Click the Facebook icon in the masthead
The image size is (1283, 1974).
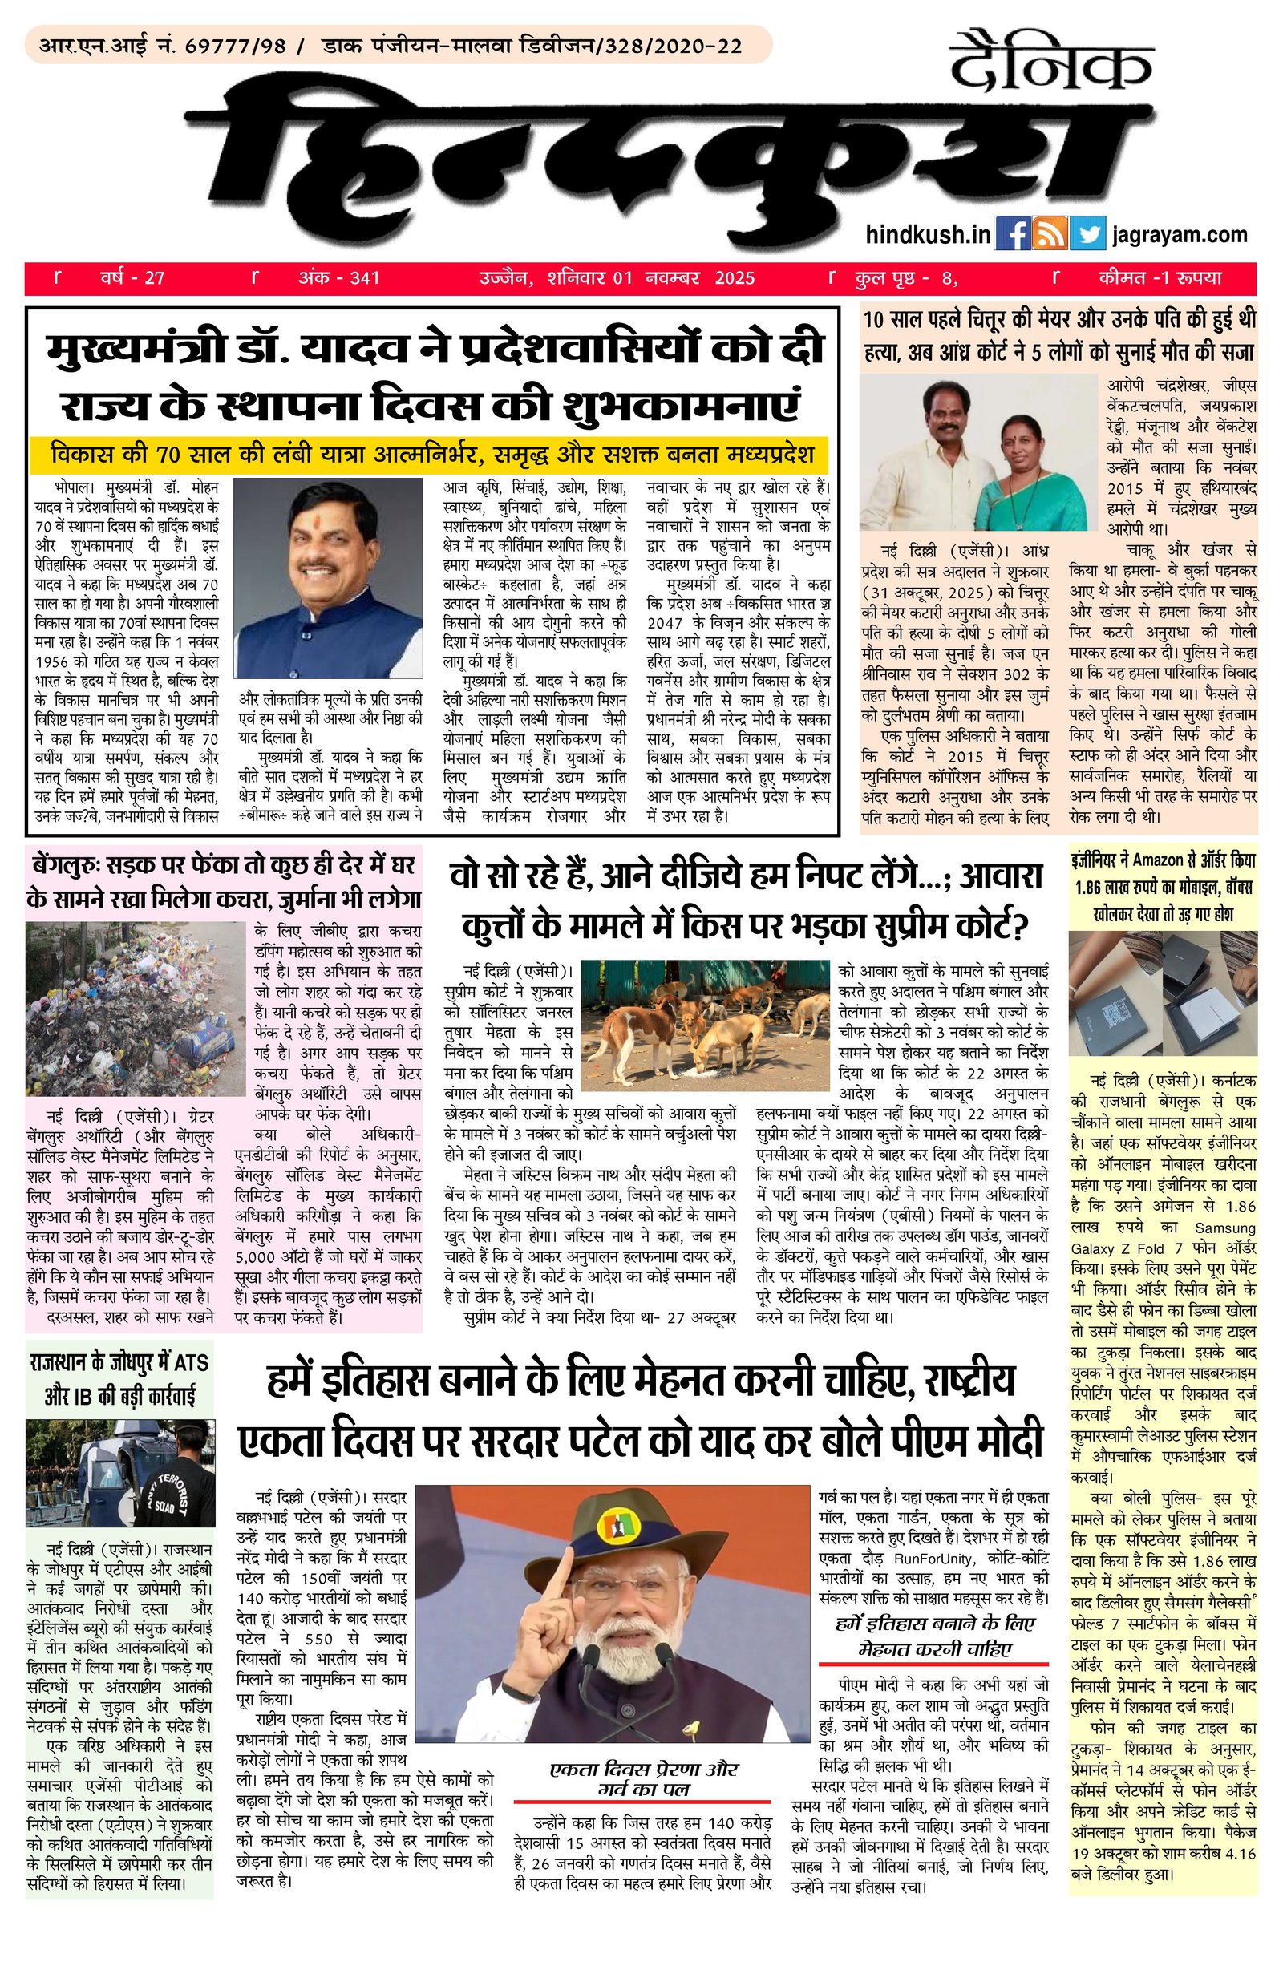1012,235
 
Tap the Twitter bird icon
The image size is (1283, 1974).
1087,235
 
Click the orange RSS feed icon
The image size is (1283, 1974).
1050,235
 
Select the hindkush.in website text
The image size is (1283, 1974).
927,236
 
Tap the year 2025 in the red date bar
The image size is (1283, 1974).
735,278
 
